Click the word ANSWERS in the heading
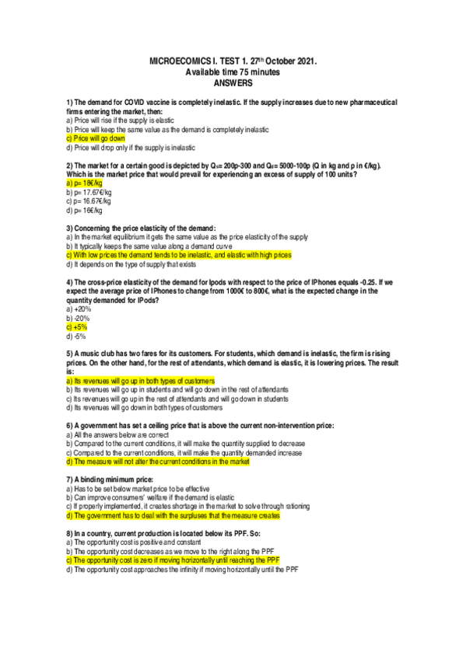(x=233, y=82)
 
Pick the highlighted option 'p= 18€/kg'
(x=85, y=183)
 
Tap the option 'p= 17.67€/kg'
(x=89, y=192)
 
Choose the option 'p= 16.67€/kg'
(x=89, y=201)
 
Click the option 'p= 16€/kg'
(x=85, y=210)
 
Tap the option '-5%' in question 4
(x=77, y=336)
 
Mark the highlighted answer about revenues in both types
(x=140, y=381)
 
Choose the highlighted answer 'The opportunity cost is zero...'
(x=172, y=560)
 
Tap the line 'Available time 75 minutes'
(x=233, y=71)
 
